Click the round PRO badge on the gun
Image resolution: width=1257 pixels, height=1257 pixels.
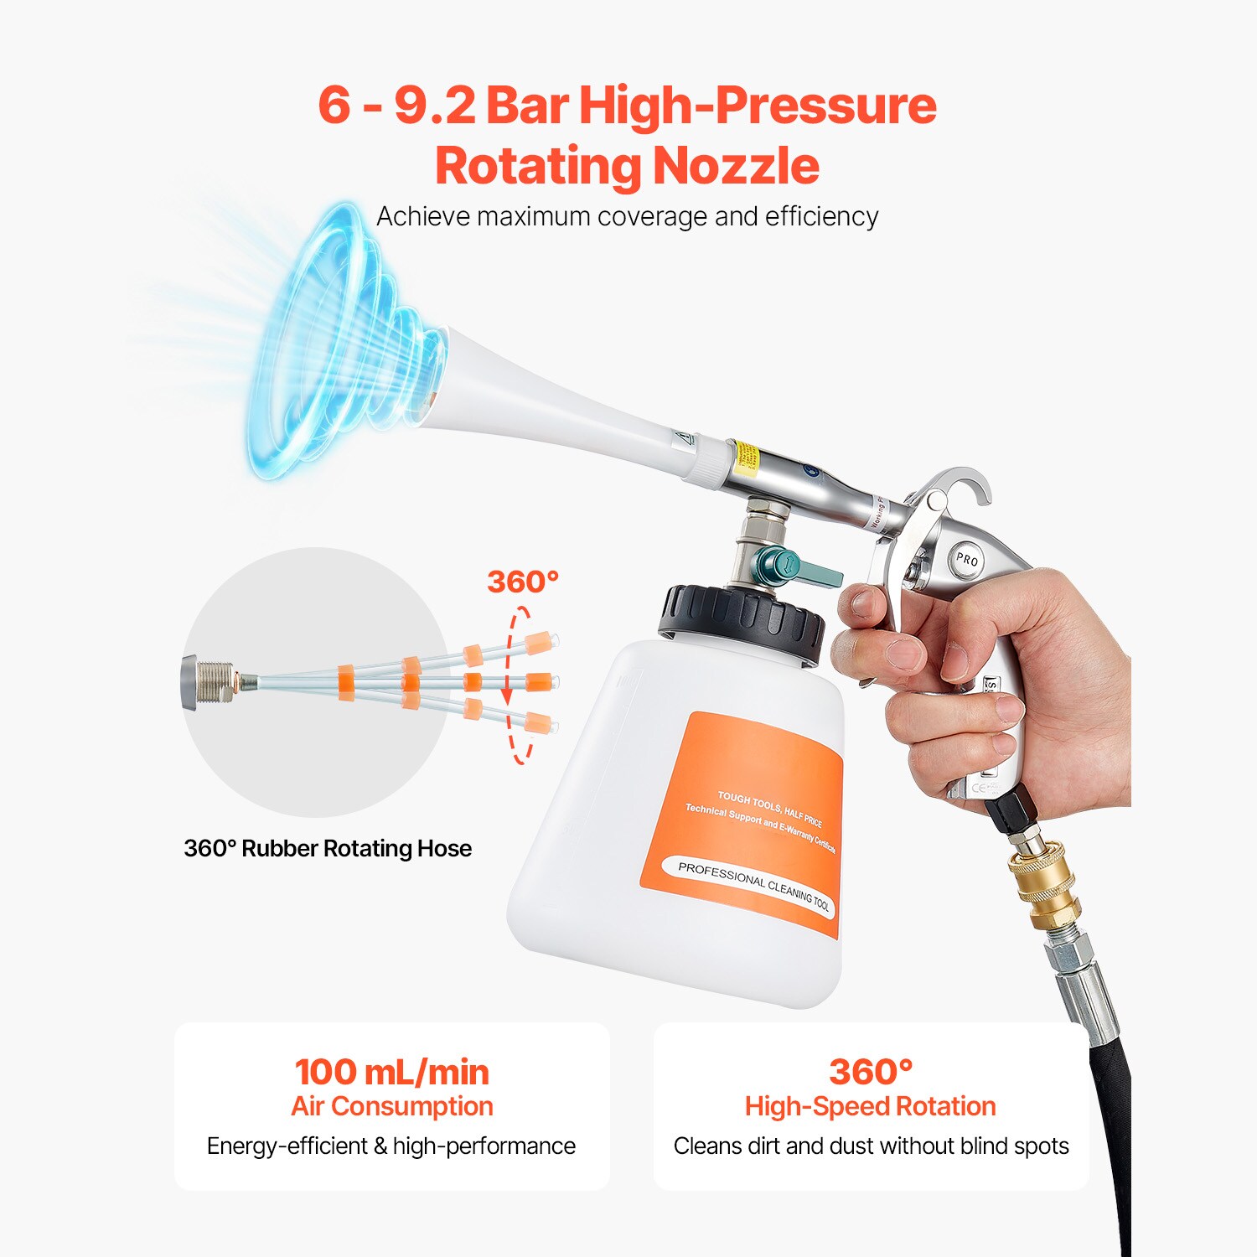click(x=967, y=559)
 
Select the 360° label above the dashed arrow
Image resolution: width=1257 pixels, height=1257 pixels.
click(x=523, y=582)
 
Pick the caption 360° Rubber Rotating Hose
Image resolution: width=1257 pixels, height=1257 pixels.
click(x=328, y=848)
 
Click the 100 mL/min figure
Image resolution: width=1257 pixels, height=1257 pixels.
click(x=391, y=1072)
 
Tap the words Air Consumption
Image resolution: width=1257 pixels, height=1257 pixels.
click(x=391, y=1106)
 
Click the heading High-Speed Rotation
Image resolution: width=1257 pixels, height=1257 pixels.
click(x=870, y=1106)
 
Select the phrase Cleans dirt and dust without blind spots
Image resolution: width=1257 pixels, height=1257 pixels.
click(x=871, y=1146)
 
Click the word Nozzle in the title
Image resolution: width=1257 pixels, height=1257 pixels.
click(x=736, y=165)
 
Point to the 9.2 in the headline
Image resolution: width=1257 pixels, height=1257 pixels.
click(x=434, y=106)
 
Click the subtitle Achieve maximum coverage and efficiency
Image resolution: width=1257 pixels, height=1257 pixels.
click(x=627, y=216)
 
